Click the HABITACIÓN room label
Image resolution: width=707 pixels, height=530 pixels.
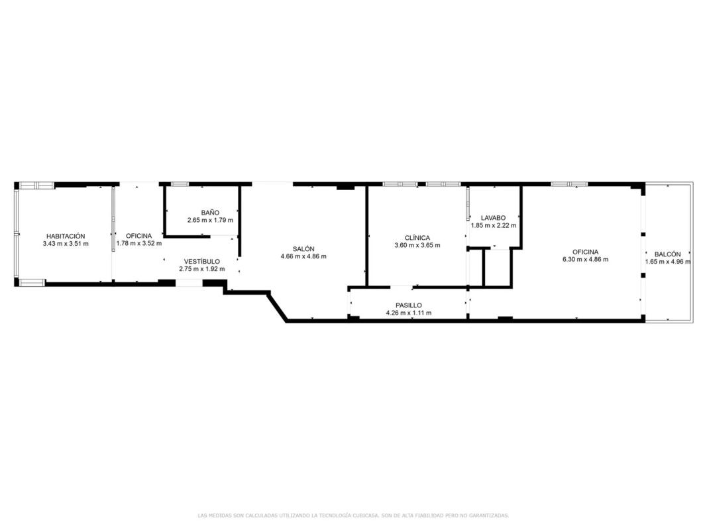click(x=66, y=236)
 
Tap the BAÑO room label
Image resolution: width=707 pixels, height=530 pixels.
click(x=210, y=213)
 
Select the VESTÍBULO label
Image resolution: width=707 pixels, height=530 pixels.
click(x=202, y=262)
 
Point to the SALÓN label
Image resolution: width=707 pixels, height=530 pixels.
click(x=303, y=249)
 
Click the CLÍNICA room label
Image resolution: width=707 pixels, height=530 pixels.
click(x=417, y=238)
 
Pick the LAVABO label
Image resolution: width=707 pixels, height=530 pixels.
click(x=493, y=218)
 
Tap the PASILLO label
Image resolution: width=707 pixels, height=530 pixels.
click(x=409, y=305)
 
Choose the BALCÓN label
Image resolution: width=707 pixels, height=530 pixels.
click(x=668, y=254)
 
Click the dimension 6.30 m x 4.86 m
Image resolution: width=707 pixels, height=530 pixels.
click(x=585, y=260)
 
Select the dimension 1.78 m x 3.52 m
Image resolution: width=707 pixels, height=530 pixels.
click(x=139, y=243)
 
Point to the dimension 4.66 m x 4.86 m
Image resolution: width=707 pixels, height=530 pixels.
click(x=303, y=256)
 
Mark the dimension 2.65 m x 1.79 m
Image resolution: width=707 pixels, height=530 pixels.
click(x=210, y=221)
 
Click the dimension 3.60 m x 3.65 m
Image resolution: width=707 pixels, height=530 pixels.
click(x=417, y=245)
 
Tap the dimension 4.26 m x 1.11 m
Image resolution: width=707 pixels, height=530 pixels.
click(x=409, y=313)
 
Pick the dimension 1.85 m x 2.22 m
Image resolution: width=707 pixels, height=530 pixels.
click(x=493, y=225)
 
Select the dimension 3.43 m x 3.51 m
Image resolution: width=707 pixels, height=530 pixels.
click(x=66, y=244)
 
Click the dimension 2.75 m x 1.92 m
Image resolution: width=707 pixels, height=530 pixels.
click(x=202, y=269)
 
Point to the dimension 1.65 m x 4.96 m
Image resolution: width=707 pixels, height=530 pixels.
click(x=668, y=262)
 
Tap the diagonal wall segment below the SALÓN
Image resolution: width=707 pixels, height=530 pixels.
click(x=278, y=307)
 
